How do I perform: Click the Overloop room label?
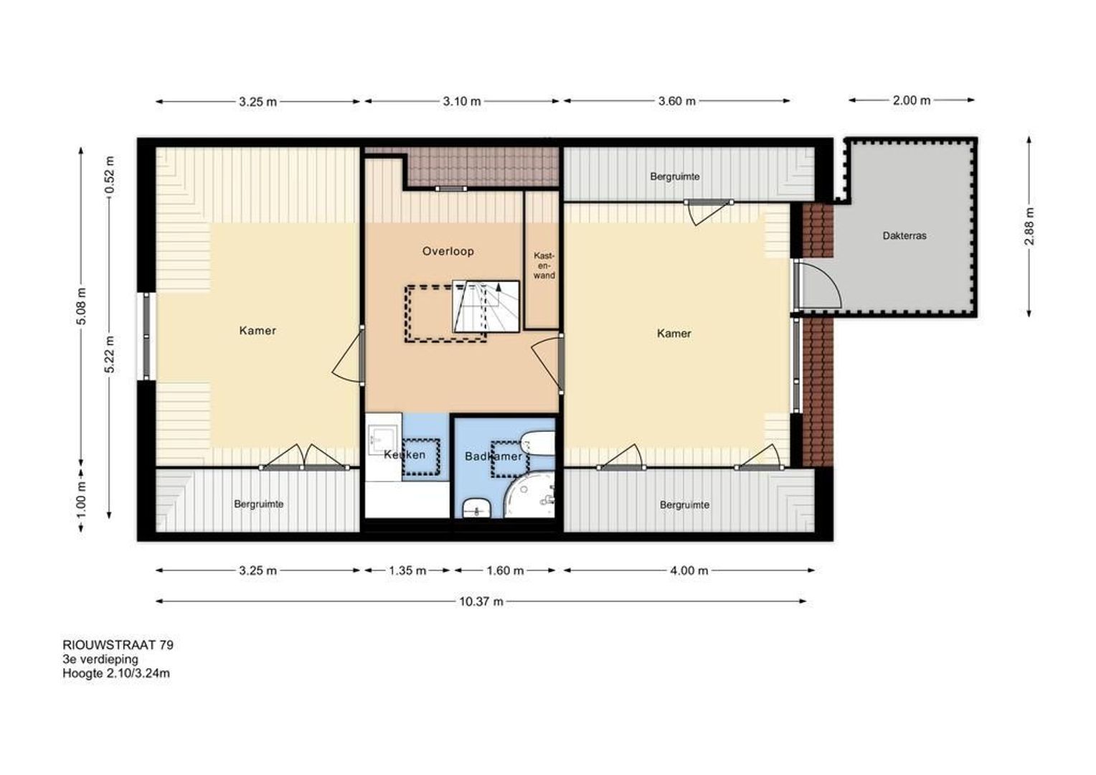point(448,252)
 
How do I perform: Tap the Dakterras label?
point(904,235)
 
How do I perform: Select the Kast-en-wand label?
point(544,266)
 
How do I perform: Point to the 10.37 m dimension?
point(481,601)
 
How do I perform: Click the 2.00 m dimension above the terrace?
point(912,100)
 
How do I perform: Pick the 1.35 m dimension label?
point(407,570)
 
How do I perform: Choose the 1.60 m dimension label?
point(506,570)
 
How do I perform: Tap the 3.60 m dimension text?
point(676,101)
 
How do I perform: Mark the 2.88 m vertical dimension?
point(1030,226)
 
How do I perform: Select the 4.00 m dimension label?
point(689,570)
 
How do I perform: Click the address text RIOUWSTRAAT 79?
point(118,645)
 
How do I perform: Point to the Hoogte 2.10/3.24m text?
point(116,673)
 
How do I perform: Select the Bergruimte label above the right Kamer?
point(675,177)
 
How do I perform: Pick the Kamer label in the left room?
point(258,331)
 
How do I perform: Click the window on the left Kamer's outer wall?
point(146,337)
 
